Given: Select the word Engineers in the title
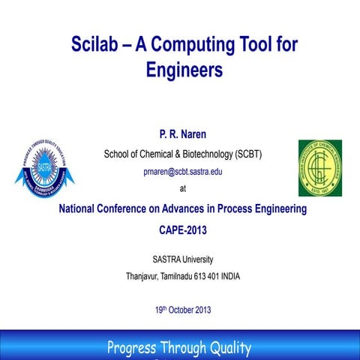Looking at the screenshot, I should (x=184, y=70).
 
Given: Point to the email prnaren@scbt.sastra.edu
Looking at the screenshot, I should (x=182, y=172).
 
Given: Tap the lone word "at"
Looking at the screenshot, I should (x=184, y=188).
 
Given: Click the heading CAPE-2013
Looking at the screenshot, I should (x=182, y=230).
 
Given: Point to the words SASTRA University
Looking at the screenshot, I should (x=182, y=260).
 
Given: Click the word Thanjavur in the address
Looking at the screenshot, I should (x=145, y=276).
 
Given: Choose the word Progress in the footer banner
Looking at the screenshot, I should (x=136, y=347).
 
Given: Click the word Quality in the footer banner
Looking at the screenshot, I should (x=227, y=347).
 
